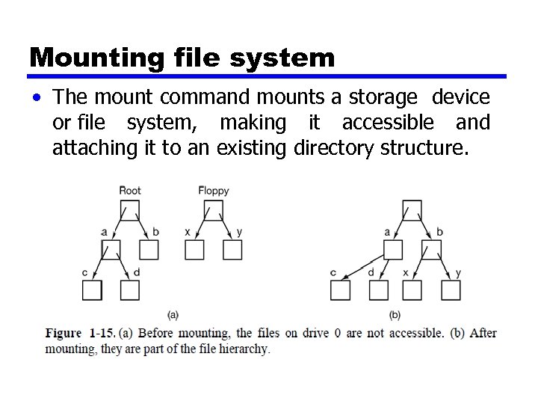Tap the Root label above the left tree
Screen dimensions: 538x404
pos(130,191)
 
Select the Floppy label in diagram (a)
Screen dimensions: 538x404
pos(214,191)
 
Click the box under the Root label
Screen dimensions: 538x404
pos(130,209)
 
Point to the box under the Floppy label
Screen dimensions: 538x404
pos(214,209)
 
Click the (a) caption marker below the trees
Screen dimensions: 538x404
pos(173,315)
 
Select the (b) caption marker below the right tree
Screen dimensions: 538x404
pos(395,315)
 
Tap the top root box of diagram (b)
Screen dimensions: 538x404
pos(412,209)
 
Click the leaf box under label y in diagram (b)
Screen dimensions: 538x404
pos(451,290)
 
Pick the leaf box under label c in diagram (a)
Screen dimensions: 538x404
pos(92,290)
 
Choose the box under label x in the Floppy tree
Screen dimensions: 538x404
pos(194,250)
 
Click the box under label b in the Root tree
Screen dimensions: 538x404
pos(149,250)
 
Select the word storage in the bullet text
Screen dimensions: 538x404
pos(389,97)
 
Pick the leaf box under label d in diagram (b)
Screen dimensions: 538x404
pos(379,290)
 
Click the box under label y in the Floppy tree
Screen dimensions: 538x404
pos(232,250)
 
